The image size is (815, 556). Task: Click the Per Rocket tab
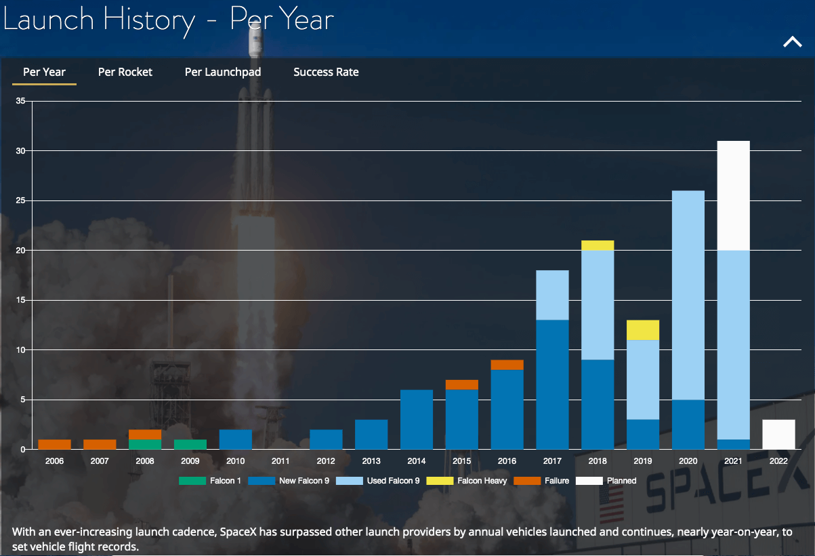point(125,72)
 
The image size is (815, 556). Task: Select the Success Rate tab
point(326,72)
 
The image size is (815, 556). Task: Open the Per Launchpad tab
point(223,72)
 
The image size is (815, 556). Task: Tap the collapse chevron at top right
point(792,42)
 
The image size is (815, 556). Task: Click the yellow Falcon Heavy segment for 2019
point(643,330)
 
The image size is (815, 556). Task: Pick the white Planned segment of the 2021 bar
point(733,196)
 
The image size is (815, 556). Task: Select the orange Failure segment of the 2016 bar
point(507,365)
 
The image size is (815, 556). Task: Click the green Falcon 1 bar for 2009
point(190,444)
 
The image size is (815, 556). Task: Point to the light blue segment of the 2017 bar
point(552,295)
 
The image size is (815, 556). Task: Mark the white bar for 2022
point(778,434)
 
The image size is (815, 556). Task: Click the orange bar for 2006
point(55,444)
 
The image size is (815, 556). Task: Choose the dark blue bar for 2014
point(417,419)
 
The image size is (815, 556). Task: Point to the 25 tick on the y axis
point(20,200)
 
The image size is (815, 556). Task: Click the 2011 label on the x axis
point(280,461)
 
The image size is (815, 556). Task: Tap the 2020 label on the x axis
point(688,461)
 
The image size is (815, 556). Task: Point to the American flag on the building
point(612,504)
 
